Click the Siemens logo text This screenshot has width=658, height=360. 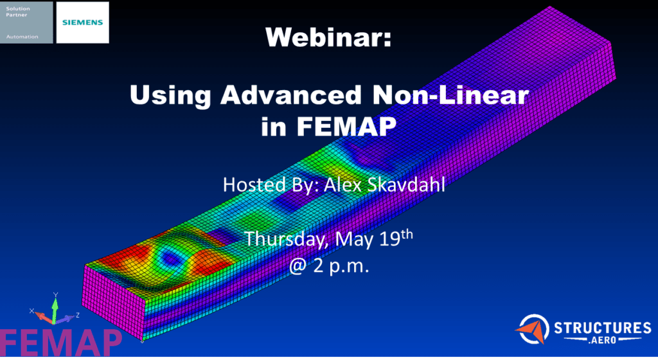click(x=82, y=21)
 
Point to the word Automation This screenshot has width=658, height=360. click(x=19, y=37)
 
